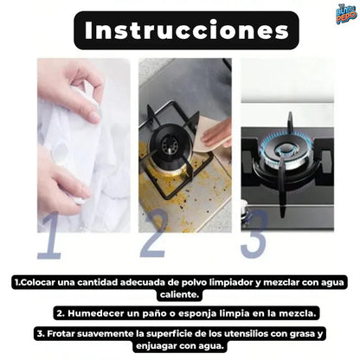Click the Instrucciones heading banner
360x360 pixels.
[179, 30]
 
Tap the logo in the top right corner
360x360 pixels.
[345, 14]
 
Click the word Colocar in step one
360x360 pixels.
[40, 281]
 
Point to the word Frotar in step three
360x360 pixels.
[58, 332]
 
